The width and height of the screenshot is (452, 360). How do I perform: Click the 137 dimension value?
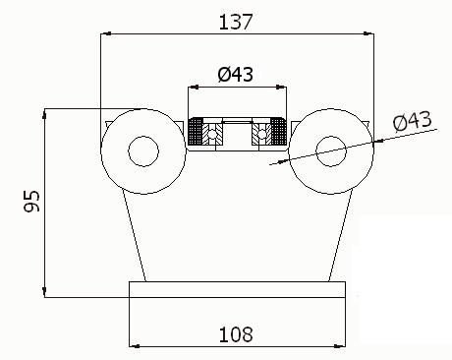236,22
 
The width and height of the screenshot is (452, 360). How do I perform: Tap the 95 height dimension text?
32,201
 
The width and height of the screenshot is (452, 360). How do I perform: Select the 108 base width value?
236,334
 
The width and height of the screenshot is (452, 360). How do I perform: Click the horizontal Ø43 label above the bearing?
236,74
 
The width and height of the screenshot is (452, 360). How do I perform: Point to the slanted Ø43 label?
413,121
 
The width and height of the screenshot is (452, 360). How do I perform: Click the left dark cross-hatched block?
196,131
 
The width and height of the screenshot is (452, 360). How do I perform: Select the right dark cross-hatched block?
279,131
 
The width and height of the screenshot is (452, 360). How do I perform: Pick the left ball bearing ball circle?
212,134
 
